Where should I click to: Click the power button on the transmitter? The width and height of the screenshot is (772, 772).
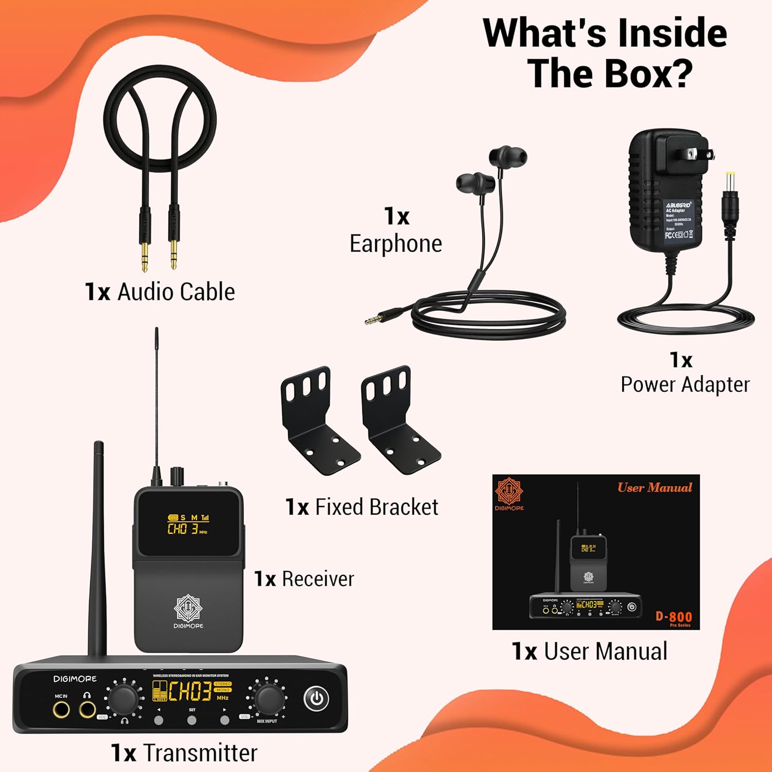[x=316, y=698]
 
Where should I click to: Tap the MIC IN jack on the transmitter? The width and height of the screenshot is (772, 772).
[x=61, y=710]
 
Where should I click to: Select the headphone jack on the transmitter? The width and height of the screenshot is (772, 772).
[x=87, y=710]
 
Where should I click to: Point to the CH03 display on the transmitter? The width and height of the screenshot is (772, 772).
[x=190, y=692]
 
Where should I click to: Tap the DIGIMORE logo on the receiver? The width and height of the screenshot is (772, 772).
[x=188, y=611]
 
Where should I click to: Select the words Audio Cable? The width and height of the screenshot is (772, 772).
[x=176, y=292]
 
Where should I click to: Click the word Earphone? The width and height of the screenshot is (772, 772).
[x=395, y=243]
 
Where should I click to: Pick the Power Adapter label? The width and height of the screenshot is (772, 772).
[x=685, y=384]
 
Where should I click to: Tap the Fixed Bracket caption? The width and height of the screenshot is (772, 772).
[x=376, y=507]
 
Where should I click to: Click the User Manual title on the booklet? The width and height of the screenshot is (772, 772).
[x=655, y=487]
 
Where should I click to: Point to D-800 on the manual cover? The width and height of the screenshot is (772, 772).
[x=673, y=616]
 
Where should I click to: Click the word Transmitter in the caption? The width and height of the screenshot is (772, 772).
[x=200, y=753]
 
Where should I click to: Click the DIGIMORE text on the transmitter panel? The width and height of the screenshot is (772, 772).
[x=75, y=679]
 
